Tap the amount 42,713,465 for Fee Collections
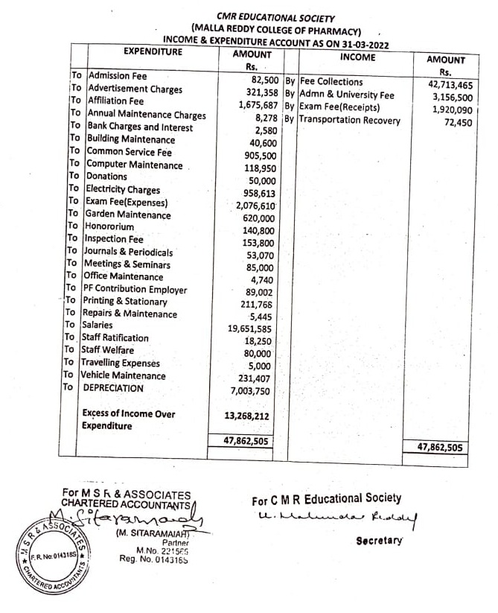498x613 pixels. point(450,85)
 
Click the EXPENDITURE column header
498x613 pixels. point(152,52)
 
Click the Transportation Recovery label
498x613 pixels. point(350,121)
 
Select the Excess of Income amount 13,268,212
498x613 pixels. point(246,416)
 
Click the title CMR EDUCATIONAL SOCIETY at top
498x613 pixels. point(275,17)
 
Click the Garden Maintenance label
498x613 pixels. point(128,215)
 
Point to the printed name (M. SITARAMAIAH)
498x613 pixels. point(147,533)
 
